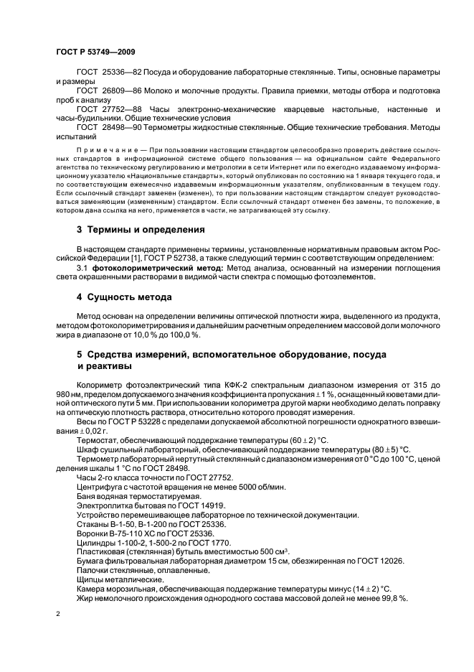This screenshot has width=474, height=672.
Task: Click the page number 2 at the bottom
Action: pos(58,614)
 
